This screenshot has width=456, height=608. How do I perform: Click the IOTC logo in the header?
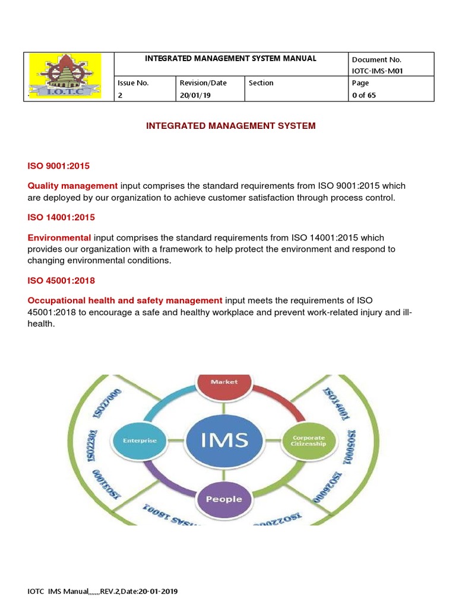[x=65, y=76]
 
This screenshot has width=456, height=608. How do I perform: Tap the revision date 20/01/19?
[x=195, y=95]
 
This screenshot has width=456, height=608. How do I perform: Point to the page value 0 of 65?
[x=364, y=95]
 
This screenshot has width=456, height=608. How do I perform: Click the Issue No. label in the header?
[x=134, y=83]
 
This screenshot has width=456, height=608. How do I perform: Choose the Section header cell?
[x=261, y=83]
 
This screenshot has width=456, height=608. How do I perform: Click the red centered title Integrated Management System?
[x=231, y=126]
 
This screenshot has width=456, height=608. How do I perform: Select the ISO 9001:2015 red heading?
[x=59, y=166]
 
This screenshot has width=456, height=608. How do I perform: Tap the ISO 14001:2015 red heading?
[x=61, y=217]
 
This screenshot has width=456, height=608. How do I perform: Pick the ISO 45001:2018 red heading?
[x=61, y=280]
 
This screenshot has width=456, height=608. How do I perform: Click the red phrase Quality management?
[x=73, y=186]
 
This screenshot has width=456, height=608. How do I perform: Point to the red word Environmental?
[x=59, y=237]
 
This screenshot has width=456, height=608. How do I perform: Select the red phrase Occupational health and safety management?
[x=125, y=300]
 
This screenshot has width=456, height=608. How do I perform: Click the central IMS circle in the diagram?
[x=224, y=441]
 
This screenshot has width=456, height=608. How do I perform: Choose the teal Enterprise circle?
[x=140, y=441]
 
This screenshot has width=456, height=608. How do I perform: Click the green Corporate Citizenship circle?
[x=309, y=441]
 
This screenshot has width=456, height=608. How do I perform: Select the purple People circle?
[x=224, y=499]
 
